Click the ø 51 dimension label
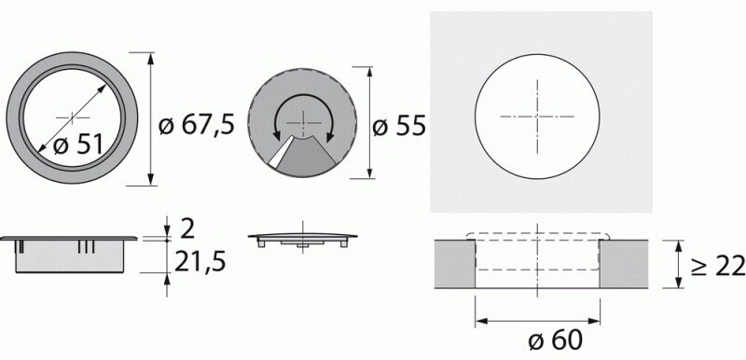78,145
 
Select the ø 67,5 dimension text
197,126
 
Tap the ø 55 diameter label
399,127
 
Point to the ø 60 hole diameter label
555,340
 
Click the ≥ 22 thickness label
717,267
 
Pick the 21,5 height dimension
200,262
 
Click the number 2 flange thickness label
188,229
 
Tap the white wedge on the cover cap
281,151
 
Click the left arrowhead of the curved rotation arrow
276,135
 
